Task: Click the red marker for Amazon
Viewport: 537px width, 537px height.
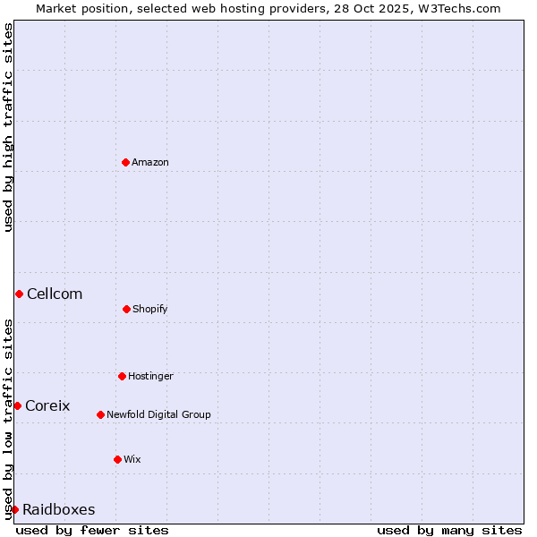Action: pos(125,162)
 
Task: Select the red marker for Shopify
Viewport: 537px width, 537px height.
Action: pos(126,309)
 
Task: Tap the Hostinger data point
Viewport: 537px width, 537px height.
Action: pos(122,376)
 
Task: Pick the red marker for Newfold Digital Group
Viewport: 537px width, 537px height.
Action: pos(100,414)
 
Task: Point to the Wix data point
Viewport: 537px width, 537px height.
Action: pos(117,459)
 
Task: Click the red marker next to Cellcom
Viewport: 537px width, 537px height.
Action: pos(19,294)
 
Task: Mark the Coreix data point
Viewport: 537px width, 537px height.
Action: pos(17,405)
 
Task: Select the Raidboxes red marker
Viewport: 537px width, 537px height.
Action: pos(14,509)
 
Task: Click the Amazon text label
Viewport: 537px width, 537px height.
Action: pos(150,162)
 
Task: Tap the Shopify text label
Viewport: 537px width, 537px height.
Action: pos(150,309)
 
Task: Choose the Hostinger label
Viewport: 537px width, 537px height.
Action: pos(150,376)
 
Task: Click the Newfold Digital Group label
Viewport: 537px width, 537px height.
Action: pos(158,414)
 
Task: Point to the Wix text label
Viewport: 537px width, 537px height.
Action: pos(132,459)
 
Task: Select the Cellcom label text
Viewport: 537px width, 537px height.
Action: pos(55,294)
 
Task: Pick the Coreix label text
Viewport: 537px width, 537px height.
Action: pos(47,405)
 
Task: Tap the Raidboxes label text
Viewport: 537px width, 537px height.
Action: pos(59,509)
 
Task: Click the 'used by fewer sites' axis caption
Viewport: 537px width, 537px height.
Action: pos(92,530)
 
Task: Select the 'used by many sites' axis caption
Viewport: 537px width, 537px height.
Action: pos(449,530)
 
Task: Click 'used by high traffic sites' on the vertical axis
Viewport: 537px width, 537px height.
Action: pos(8,127)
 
